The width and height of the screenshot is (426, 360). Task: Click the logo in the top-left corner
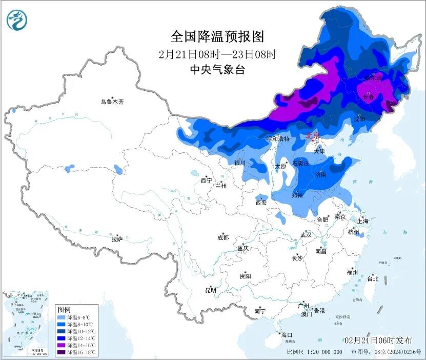[16, 20]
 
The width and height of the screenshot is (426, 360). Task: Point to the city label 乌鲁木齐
[112, 102]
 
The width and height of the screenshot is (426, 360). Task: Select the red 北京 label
[313, 135]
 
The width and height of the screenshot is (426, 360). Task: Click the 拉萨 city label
[117, 238]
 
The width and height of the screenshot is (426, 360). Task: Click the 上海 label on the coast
[363, 221]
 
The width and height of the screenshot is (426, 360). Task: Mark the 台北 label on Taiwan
[372, 279]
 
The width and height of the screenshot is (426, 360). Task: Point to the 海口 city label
[287, 334]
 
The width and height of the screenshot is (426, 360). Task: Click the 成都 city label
[223, 237]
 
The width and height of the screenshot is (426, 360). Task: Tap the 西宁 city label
[206, 181]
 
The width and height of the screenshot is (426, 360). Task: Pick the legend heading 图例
[64, 310]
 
